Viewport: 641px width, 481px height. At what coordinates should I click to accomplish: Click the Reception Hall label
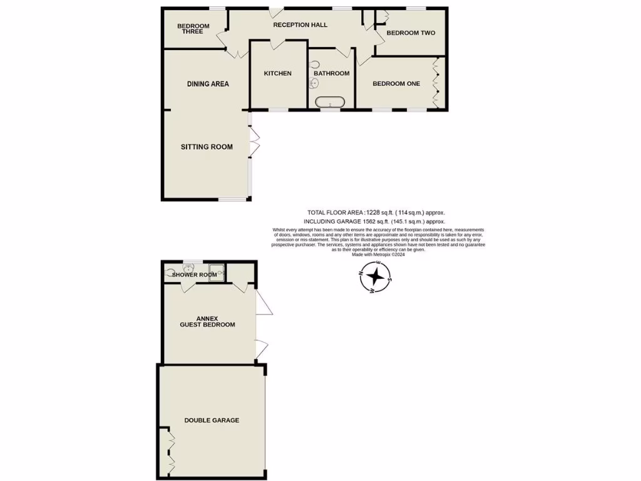click(300, 25)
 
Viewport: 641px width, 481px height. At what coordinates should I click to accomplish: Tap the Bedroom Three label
click(193, 29)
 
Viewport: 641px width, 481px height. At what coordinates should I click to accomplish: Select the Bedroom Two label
click(411, 33)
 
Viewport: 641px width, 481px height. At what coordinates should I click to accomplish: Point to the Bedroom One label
click(396, 83)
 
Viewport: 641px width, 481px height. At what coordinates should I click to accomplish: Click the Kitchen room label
click(277, 73)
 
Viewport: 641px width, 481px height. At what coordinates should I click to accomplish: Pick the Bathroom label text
click(331, 73)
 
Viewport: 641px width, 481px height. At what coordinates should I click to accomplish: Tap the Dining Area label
click(208, 84)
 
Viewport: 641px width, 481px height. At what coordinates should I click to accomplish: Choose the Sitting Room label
click(207, 147)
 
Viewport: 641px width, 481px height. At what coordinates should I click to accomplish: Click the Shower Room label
click(195, 275)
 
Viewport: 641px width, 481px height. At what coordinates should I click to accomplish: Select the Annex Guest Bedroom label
click(207, 321)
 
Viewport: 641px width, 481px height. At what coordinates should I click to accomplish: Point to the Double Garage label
click(212, 420)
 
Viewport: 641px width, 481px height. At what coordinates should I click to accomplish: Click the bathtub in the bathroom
click(329, 102)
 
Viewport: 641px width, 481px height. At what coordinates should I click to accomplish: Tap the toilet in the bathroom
click(314, 65)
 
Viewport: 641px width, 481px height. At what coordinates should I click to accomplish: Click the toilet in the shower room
click(170, 272)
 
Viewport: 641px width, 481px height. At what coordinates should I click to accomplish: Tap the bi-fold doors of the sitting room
click(254, 142)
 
